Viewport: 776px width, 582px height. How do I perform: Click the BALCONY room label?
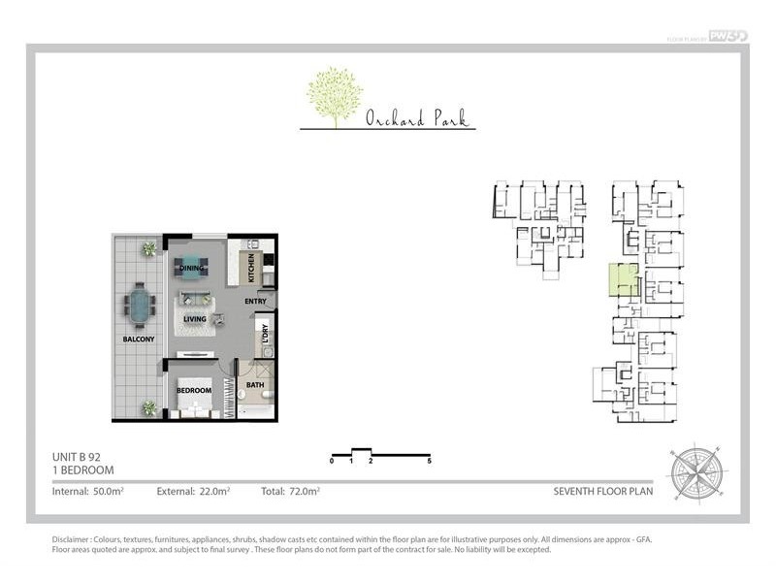(x=139, y=339)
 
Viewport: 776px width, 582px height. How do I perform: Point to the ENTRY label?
(x=255, y=302)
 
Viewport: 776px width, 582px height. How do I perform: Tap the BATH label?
(x=255, y=385)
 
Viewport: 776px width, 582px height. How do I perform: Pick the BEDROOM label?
(x=194, y=391)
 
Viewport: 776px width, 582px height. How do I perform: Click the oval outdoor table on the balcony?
(x=142, y=306)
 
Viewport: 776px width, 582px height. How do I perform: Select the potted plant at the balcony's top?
(x=148, y=249)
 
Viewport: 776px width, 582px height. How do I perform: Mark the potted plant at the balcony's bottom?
(x=148, y=408)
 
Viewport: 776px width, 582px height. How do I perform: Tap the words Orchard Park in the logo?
(x=416, y=119)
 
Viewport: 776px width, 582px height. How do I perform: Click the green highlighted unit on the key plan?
(x=623, y=279)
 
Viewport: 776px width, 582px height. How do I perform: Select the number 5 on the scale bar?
(x=429, y=462)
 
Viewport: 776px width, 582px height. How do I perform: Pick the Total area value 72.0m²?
(x=304, y=492)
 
